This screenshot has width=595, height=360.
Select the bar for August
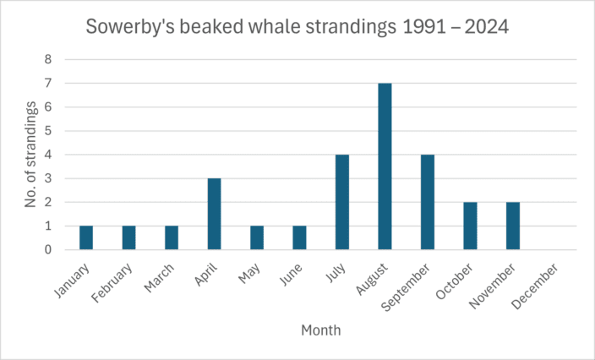(x=385, y=166)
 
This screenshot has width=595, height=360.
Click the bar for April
(x=214, y=215)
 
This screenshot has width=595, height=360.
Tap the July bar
(x=342, y=203)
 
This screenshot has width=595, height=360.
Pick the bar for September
(x=428, y=203)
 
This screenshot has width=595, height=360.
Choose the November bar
(x=513, y=226)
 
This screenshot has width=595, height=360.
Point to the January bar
(x=86, y=238)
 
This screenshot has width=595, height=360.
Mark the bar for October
(x=470, y=226)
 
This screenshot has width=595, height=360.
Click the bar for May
(x=257, y=238)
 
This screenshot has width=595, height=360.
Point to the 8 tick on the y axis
(x=48, y=60)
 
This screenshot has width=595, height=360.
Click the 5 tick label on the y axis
(x=48, y=131)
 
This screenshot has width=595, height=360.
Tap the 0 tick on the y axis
(x=48, y=250)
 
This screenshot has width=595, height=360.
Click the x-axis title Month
(x=321, y=330)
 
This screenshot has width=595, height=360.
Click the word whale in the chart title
(x=276, y=28)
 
